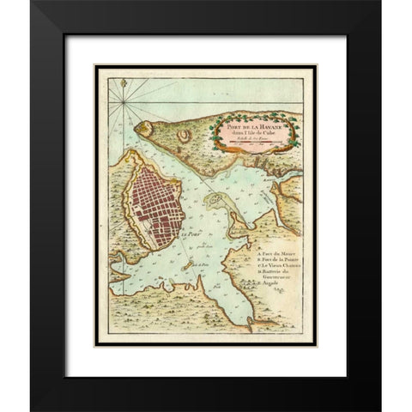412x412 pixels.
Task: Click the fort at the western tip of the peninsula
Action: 142,129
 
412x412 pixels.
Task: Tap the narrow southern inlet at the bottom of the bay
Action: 249,323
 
